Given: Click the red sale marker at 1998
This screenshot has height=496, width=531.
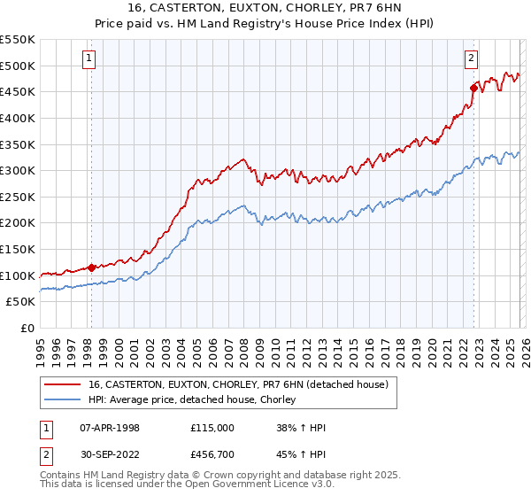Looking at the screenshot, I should point(91,267).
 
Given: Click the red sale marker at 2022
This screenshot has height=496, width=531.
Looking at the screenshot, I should point(473,88).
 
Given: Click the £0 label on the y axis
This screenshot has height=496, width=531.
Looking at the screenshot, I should point(27,328).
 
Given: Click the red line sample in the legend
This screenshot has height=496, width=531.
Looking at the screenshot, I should point(63,385).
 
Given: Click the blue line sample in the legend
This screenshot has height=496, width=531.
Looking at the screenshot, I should point(63,400).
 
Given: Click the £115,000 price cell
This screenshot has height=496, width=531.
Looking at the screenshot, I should point(212,428).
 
